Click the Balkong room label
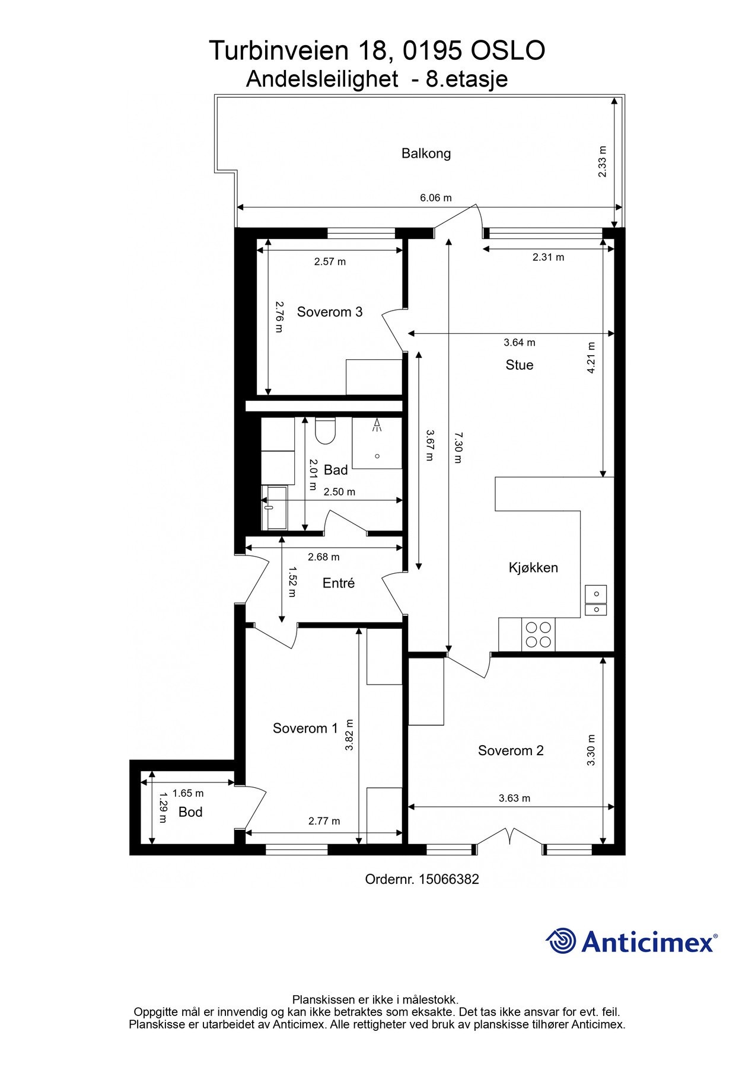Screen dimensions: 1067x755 (x=426, y=154)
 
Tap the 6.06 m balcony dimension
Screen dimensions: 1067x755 (x=435, y=198)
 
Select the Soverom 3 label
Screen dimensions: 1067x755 (x=329, y=312)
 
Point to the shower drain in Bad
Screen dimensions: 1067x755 (x=377, y=456)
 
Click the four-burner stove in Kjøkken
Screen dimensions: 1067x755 (x=539, y=634)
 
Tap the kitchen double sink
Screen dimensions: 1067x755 (x=595, y=600)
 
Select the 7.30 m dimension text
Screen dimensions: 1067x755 (x=457, y=448)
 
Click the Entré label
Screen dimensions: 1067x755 (x=338, y=583)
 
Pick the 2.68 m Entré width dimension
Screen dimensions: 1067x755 (x=323, y=557)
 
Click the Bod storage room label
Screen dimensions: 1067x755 (x=190, y=812)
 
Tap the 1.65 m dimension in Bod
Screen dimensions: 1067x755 (x=187, y=793)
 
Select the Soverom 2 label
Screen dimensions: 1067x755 (x=511, y=750)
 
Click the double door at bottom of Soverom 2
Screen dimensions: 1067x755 (x=510, y=836)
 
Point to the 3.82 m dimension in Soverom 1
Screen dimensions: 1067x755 (x=349, y=735)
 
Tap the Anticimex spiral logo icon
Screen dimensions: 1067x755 (x=560, y=941)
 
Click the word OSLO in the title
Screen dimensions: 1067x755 (x=508, y=51)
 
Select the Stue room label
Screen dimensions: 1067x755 (x=519, y=365)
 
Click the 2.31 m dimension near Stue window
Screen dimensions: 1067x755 (x=548, y=257)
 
